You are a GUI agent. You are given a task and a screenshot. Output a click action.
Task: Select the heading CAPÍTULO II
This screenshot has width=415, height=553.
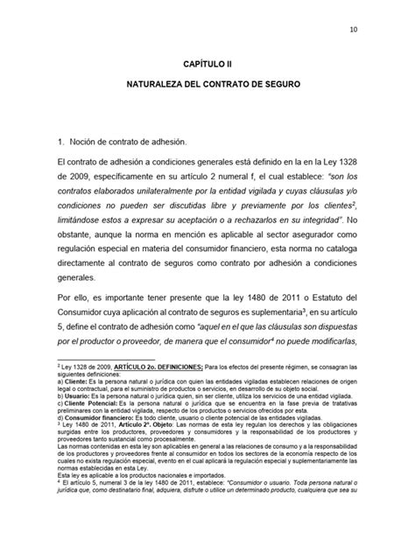pyautogui.click(x=207, y=66)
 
